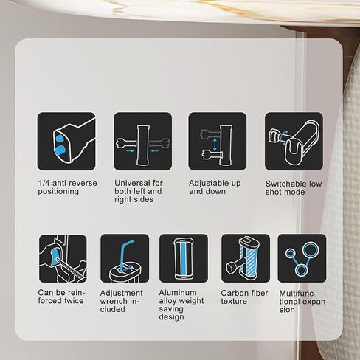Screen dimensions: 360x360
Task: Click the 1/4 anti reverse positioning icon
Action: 66,142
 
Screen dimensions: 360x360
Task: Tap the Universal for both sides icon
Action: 142,142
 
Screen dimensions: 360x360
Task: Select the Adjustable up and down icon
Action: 218,142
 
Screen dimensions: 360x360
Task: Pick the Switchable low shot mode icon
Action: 294,142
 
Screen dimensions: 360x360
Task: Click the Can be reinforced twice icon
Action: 63,259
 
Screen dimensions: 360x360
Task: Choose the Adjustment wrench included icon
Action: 125,258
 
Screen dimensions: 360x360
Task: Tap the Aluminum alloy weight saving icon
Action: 184,258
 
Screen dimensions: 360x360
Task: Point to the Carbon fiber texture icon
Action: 246,258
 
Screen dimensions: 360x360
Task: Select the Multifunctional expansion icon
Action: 302,258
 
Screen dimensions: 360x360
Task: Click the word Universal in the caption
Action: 132,183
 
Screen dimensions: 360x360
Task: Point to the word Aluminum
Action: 178,293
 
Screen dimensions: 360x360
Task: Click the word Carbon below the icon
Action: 232,293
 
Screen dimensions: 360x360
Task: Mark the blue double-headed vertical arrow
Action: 215,145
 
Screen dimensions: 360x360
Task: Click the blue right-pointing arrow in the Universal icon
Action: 131,151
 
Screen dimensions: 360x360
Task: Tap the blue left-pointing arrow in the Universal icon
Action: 154,151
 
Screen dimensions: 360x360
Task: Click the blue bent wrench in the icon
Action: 125,255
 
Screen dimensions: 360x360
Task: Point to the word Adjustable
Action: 207,184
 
